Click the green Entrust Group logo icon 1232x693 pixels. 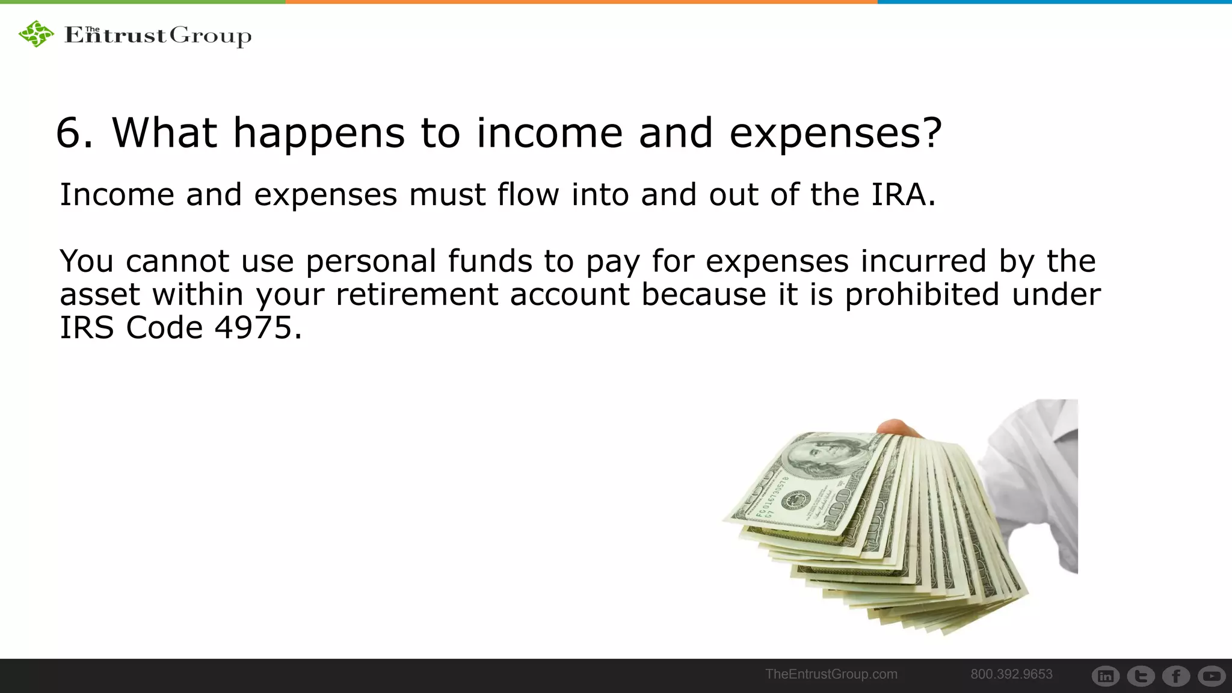point(36,34)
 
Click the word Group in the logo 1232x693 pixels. point(211,36)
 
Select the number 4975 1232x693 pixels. point(253,328)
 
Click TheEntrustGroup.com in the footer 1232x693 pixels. point(831,674)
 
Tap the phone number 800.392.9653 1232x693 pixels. point(1011,674)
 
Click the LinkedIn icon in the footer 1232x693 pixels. point(1105,676)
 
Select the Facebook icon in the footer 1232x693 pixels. point(1176,676)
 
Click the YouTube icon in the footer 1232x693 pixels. point(1211,676)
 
